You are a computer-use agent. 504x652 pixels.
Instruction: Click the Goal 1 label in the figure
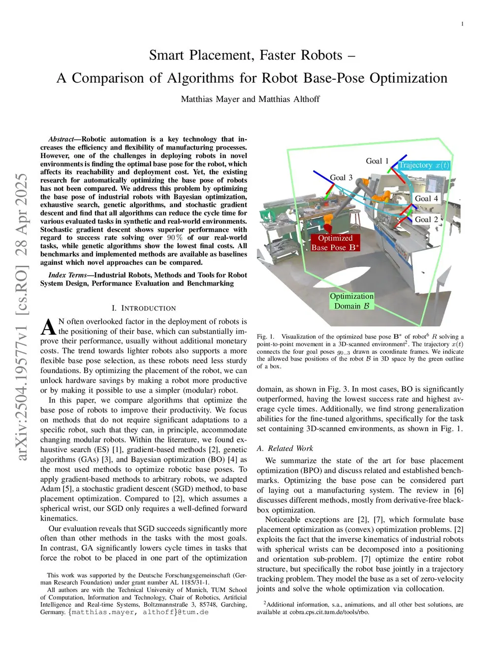coord(377,161)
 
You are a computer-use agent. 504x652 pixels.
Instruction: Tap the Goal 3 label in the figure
coord(341,178)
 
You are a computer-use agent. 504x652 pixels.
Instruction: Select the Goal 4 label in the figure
coord(426,198)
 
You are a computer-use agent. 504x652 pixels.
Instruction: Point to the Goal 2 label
coord(426,219)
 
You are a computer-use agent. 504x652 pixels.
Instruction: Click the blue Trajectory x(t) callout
coord(424,165)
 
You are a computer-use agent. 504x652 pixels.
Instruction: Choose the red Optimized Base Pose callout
coord(335,243)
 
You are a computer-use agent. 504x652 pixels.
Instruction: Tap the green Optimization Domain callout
coord(351,301)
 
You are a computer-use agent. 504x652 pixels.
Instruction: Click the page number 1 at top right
coord(462,24)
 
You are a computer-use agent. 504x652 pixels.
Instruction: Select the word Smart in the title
coord(167,55)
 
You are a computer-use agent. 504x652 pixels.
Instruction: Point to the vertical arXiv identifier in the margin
coord(22,317)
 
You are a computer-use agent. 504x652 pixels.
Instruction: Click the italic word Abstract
coord(61,139)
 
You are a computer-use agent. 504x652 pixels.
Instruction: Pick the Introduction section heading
coord(144,308)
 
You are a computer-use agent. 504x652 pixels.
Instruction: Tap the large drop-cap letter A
coord(48,327)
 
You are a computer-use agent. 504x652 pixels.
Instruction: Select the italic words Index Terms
coord(67,275)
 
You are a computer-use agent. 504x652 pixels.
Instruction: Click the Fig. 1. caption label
coord(266,337)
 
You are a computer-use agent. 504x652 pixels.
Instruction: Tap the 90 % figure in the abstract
coord(175,238)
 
